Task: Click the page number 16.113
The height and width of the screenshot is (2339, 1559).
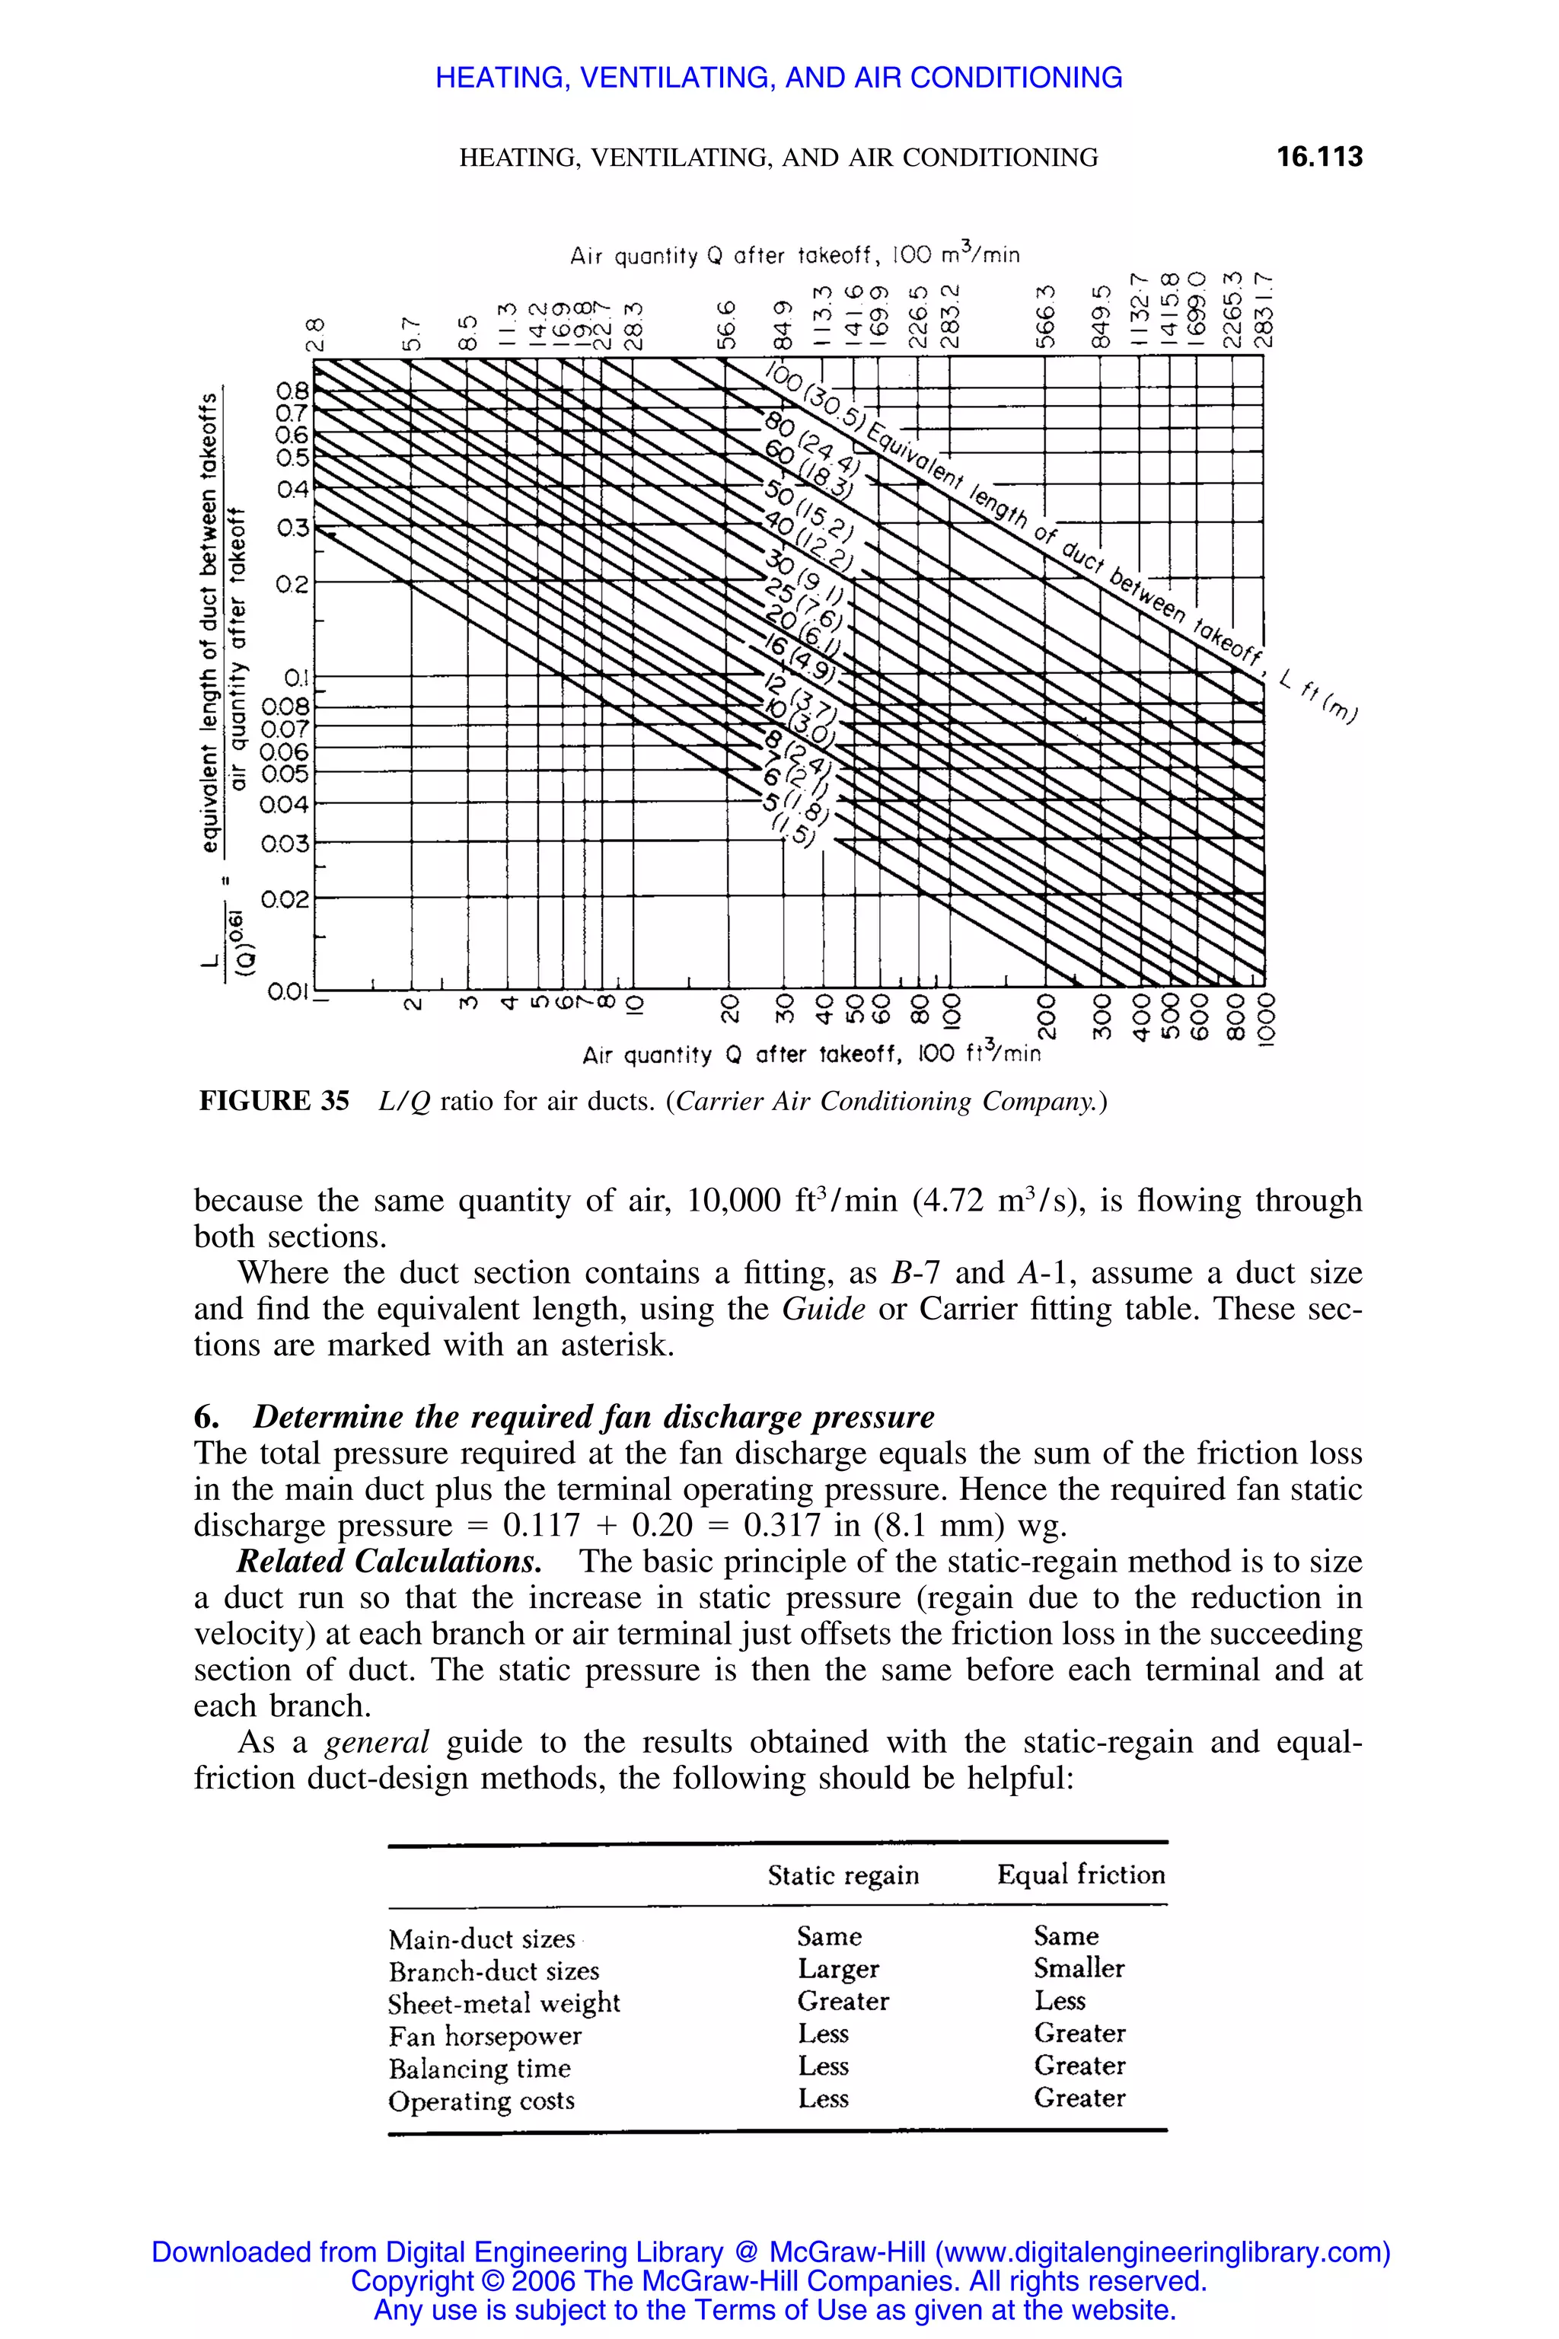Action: click(x=1318, y=157)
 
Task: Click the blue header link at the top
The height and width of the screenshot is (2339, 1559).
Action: click(x=779, y=78)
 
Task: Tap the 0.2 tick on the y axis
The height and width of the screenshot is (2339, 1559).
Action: click(x=293, y=584)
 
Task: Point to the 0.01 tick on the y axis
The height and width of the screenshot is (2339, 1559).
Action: click(x=287, y=991)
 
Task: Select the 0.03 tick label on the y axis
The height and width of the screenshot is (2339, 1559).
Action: click(x=285, y=844)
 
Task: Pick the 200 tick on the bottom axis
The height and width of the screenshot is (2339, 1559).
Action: click(x=1044, y=1016)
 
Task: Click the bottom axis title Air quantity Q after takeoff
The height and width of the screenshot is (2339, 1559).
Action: click(x=810, y=1054)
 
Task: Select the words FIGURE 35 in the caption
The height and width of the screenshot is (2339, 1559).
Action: click(x=274, y=1101)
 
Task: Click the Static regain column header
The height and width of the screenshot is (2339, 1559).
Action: click(x=843, y=1875)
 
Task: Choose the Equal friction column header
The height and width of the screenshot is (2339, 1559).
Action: click(x=1081, y=1875)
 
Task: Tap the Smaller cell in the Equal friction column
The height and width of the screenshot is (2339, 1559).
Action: click(x=1079, y=1969)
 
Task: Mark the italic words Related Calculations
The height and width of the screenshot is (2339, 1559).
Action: click(x=389, y=1562)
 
